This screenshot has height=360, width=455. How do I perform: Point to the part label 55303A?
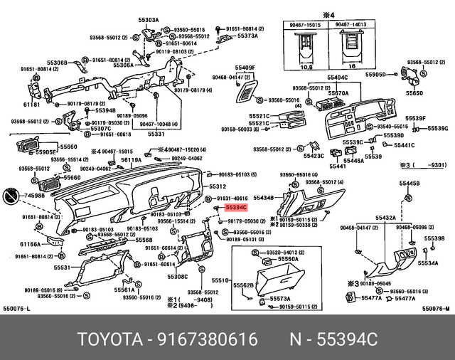pos(149,21)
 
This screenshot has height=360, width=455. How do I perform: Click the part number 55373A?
pos(247,36)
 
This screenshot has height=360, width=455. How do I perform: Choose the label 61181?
pos(31,104)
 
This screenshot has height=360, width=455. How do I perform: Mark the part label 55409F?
pos(245,68)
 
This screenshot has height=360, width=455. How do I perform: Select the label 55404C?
pos(338,77)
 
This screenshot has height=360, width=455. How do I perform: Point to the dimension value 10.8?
pos(307,68)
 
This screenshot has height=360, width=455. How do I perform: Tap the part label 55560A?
pos(289,259)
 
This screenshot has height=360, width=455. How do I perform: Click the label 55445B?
pos(409,184)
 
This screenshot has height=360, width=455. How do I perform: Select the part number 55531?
pos(62,268)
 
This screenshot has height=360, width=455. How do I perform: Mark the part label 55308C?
pos(177,277)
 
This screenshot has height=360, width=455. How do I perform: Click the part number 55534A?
pos(429,263)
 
